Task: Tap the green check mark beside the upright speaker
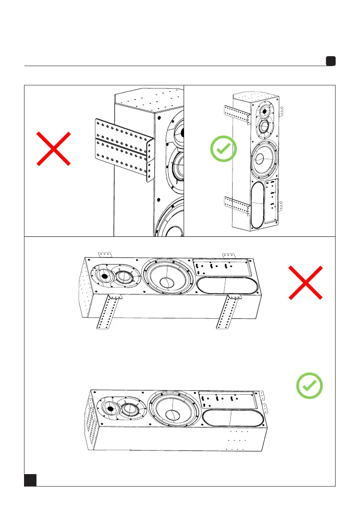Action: [x=224, y=149]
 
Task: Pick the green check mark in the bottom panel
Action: [x=309, y=384]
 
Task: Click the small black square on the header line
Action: [x=330, y=61]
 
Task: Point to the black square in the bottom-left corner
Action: [x=30, y=480]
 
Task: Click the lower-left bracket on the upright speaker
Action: [x=236, y=206]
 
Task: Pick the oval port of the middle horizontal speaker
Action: [x=226, y=286]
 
